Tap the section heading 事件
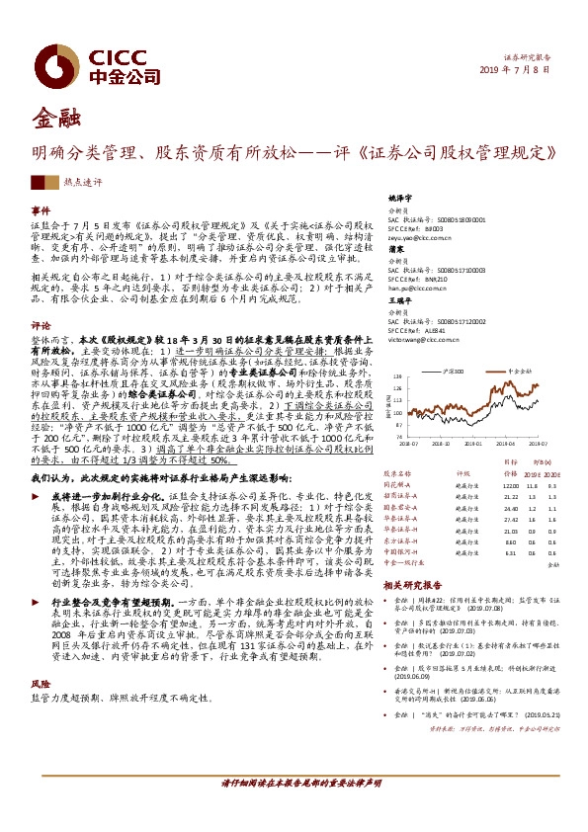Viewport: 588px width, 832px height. point(41,211)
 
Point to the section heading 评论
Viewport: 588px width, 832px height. point(41,324)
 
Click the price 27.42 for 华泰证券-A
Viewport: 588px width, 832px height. point(509,518)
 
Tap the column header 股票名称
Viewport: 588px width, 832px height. point(397,473)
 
